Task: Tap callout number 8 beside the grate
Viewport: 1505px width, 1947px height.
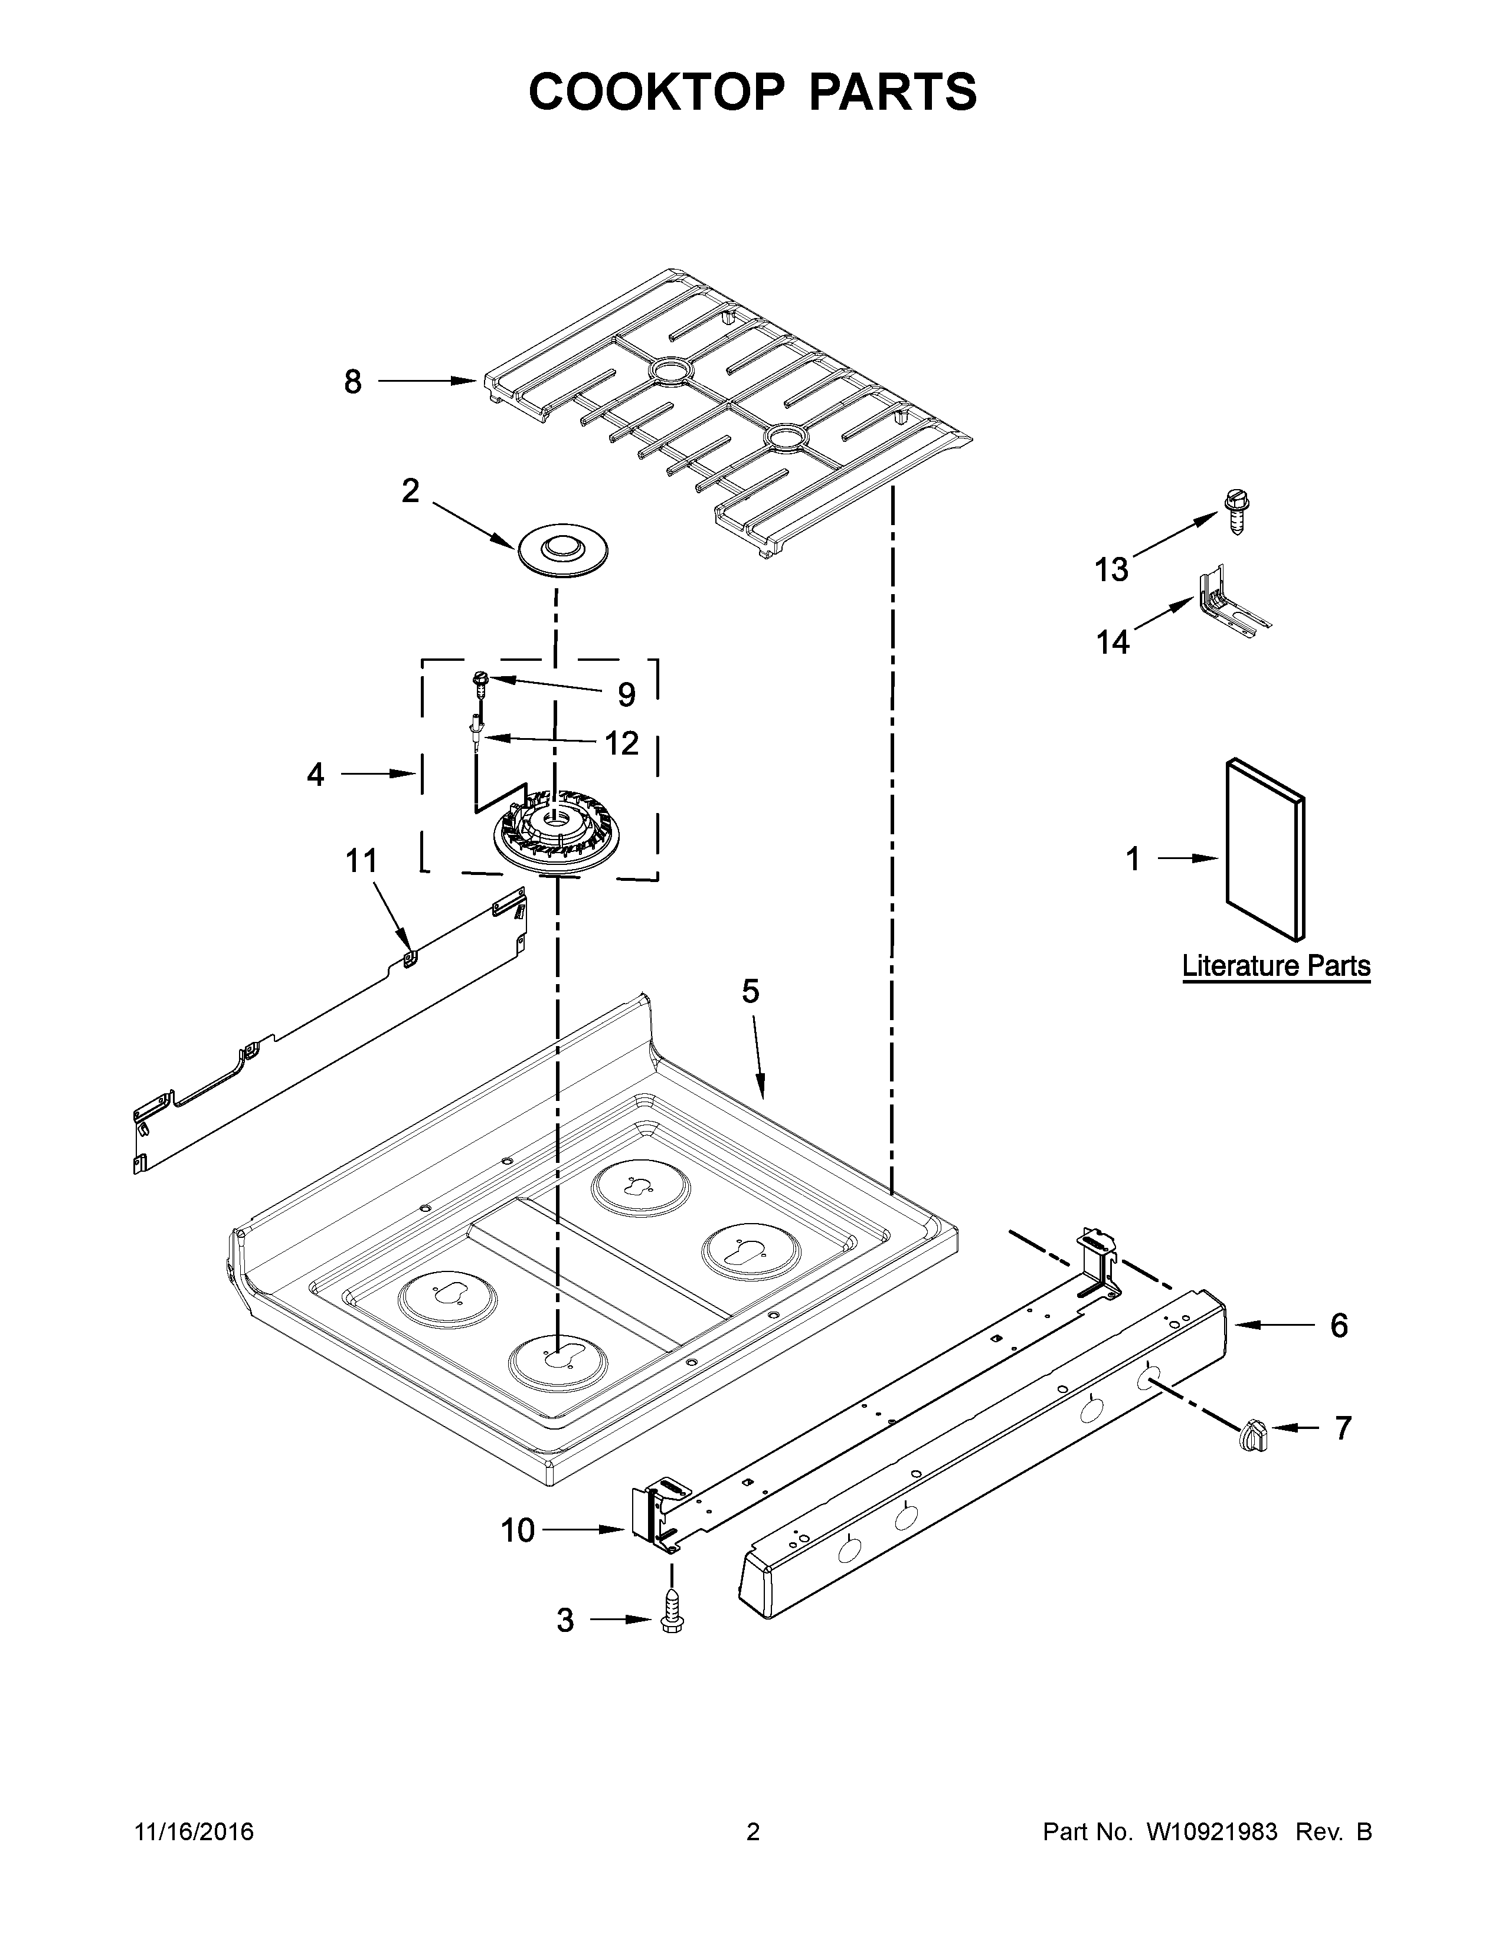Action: click(353, 382)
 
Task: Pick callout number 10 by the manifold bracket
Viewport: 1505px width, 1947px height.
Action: click(517, 1530)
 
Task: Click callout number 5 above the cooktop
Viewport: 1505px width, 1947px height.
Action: click(751, 991)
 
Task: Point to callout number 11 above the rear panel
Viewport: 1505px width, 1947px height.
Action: click(361, 861)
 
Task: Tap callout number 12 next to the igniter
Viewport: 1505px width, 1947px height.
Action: click(622, 743)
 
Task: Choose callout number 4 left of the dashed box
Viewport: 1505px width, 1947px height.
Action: click(316, 775)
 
